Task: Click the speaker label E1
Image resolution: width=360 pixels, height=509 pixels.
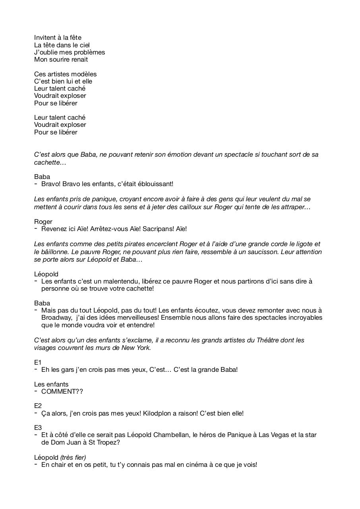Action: point(38,363)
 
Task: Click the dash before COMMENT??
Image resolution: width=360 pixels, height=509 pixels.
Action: point(36,391)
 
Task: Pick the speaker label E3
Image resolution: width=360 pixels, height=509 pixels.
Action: point(38,428)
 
